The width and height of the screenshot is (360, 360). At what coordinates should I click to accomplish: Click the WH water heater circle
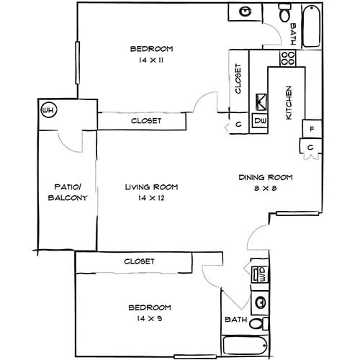coord(49,110)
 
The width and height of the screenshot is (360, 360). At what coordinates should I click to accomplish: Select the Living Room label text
coord(151,187)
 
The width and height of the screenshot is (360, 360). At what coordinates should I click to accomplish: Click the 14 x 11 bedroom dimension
coord(151,60)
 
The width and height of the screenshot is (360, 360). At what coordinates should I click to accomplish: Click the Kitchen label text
coord(289,102)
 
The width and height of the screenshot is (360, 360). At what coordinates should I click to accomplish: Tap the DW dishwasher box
coord(260,121)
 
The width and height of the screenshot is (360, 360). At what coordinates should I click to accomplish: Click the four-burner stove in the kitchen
coord(288,58)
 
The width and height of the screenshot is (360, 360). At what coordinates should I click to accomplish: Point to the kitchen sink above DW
coord(261,102)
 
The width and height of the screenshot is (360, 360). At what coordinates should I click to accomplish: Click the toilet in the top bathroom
coord(285,13)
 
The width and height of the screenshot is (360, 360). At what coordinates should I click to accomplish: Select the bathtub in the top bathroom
coord(311,27)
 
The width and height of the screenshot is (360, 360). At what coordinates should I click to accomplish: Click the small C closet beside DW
coord(238,122)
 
